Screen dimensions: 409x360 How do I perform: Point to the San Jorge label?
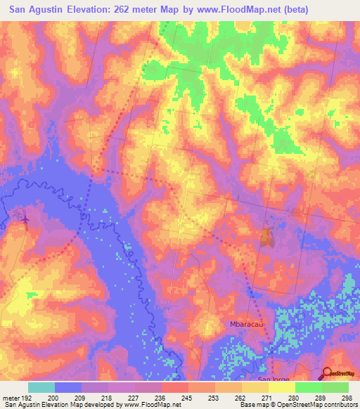272,379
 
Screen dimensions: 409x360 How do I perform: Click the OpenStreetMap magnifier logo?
328,373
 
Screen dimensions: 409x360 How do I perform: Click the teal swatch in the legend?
41,387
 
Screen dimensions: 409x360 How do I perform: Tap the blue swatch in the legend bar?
68,387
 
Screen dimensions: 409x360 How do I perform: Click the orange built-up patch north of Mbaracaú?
266,238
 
